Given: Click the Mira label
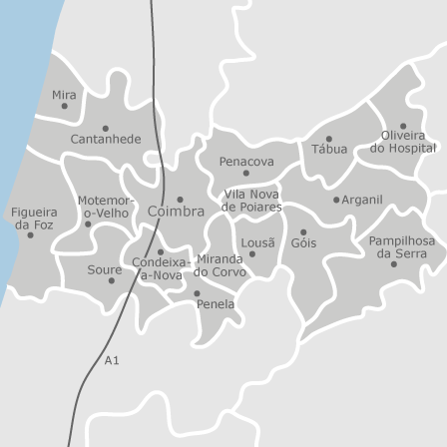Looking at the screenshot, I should coord(64,94).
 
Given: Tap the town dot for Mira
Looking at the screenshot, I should coord(65,106).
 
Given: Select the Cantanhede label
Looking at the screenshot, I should coord(105,140).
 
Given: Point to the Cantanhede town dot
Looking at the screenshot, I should coord(105,129).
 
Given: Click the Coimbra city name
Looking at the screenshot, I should coord(176,213).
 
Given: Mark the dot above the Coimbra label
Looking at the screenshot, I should coord(181,200).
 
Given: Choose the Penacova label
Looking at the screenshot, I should coord(246,161).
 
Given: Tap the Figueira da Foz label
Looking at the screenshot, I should coord(33,219).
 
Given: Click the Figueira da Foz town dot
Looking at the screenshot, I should coord(30,234).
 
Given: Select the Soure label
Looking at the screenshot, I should coord(104,269).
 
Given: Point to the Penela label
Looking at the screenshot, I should coord(216,303).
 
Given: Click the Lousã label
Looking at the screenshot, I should coord(257,242).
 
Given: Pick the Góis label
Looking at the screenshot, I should coord(303,242).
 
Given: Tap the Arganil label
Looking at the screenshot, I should coord(362,200).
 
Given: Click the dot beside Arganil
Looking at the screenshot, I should coord(336,200).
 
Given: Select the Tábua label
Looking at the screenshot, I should coord(329,149).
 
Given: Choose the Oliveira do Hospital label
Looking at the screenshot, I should coord(403,142).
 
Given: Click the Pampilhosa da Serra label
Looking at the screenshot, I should coord(401,246).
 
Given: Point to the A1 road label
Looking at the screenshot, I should coord(112,360).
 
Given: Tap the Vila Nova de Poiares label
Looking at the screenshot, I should coord(251,201).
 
